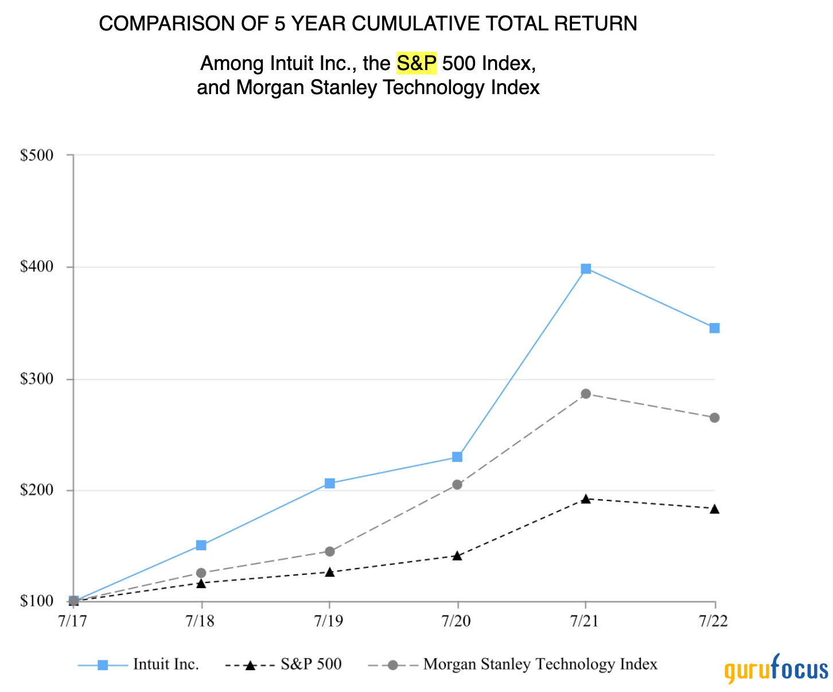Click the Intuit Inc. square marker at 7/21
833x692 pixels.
pos(586,269)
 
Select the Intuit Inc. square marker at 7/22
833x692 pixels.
pos(714,328)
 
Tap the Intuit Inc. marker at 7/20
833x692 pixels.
pos(457,457)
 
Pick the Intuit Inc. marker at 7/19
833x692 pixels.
pos(329,483)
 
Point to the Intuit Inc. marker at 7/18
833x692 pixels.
pos(201,545)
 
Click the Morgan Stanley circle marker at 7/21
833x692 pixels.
pos(586,394)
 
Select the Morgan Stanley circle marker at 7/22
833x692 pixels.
pos(714,418)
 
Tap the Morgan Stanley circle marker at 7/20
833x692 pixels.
pos(457,485)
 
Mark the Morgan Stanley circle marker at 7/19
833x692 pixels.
pos(329,551)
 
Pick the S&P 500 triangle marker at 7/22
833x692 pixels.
pos(714,509)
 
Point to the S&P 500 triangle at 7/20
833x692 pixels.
pos(457,556)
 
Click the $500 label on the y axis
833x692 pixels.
pos(36,155)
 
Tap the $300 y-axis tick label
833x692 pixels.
pos(36,379)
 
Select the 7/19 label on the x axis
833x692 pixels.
pos(328,622)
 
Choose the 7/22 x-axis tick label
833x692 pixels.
pos(714,622)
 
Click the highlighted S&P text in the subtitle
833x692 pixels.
pos(416,63)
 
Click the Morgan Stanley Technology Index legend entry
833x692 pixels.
pos(539,664)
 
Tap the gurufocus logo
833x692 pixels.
pos(776,669)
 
